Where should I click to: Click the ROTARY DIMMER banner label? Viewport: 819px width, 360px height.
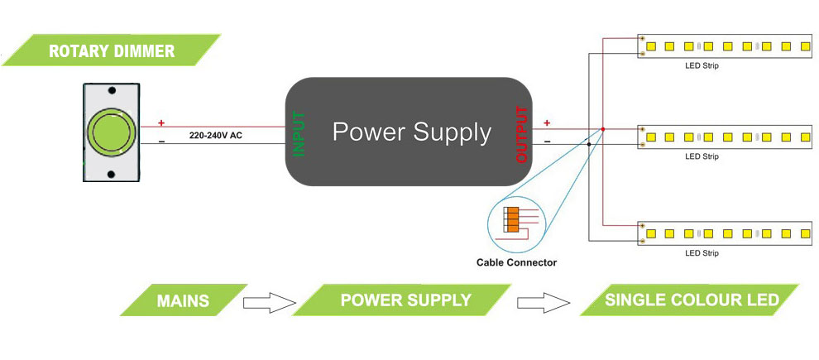coord(112,50)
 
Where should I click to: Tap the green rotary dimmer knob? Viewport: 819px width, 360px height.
coord(109,132)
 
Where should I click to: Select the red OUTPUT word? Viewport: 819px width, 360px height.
coord(521,133)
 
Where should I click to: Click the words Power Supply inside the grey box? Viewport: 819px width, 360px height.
coord(411,132)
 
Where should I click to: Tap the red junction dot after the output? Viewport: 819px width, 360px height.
coord(603,129)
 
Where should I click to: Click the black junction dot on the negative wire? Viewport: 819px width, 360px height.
coord(589,144)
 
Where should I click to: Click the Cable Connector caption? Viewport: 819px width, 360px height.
coord(516,262)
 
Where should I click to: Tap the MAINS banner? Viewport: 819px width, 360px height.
coord(183,300)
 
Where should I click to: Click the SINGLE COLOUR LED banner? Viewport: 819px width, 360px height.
coord(692,300)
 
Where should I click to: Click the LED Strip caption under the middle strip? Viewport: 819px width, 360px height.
coord(702,156)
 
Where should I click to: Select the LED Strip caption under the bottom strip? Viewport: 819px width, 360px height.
coord(702,252)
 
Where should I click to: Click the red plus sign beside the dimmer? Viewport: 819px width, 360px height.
coord(161,123)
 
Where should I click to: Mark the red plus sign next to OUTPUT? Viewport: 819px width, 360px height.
coord(546,123)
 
